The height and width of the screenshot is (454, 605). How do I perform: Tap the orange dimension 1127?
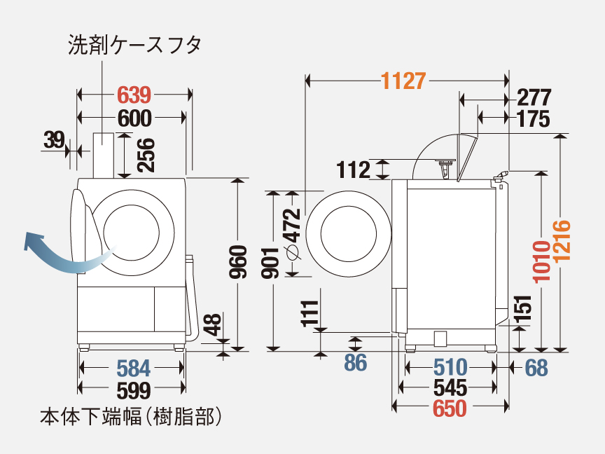(403, 81)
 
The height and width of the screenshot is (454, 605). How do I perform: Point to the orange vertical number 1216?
(562, 242)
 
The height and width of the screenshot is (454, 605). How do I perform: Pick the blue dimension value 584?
(132, 367)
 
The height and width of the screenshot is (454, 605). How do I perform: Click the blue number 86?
(356, 363)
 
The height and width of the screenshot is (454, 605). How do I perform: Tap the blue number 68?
(536, 366)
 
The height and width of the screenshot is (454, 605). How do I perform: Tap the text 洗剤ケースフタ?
(134, 46)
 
